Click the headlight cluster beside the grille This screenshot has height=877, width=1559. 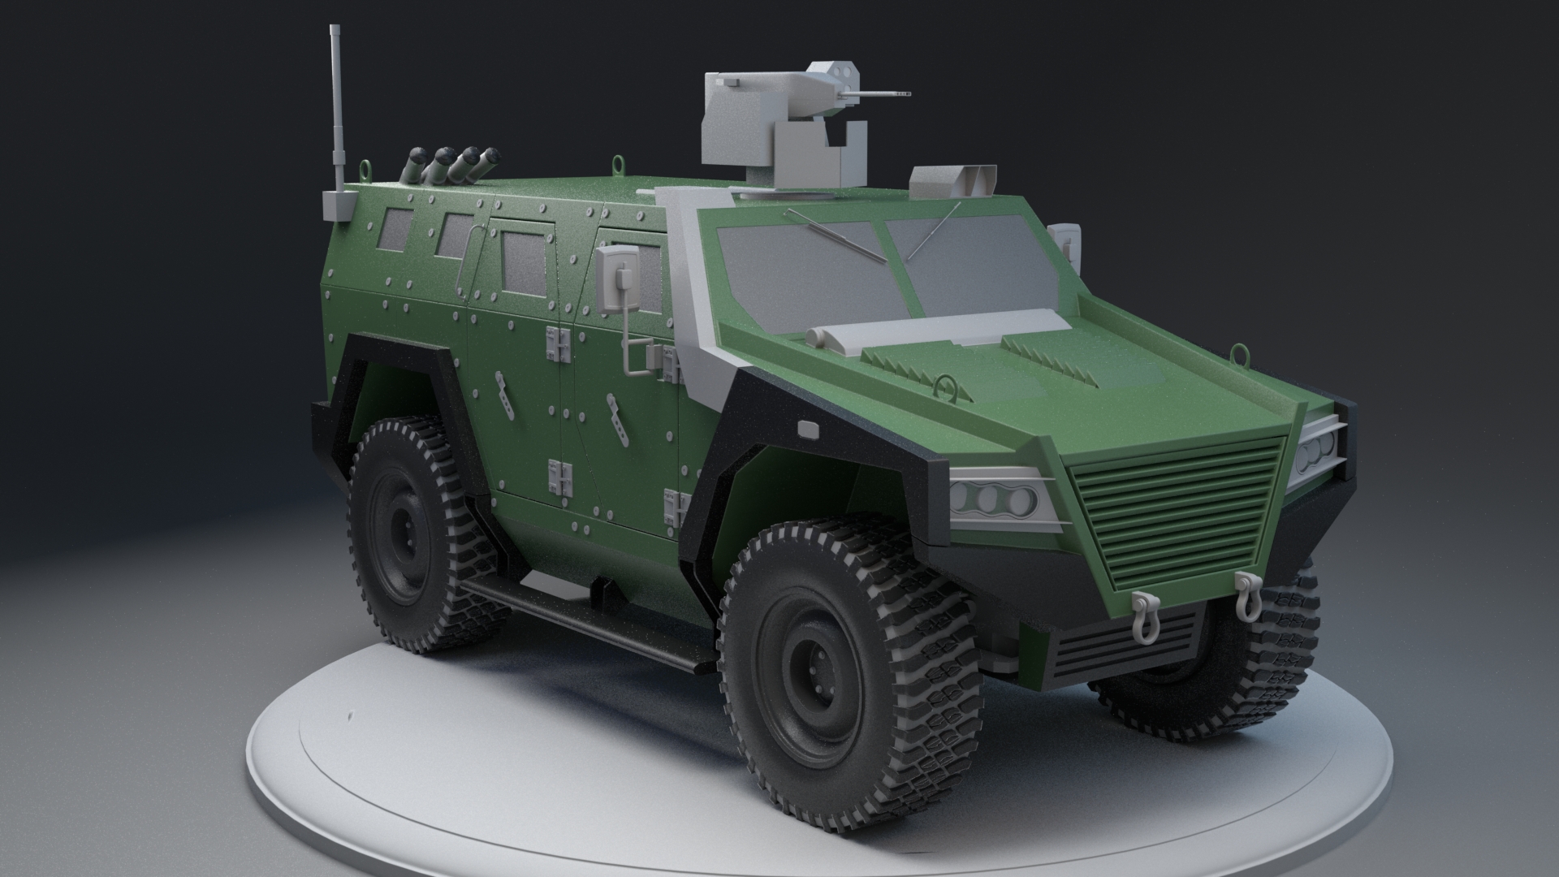pos(995,497)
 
